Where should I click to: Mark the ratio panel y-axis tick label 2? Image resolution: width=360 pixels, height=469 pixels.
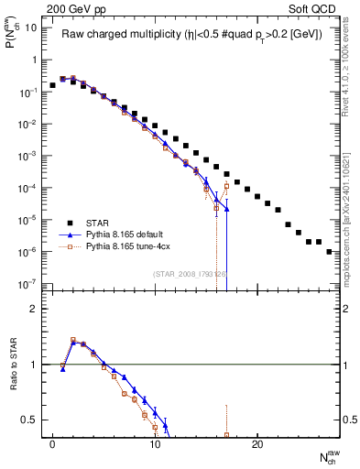click(x=34, y=310)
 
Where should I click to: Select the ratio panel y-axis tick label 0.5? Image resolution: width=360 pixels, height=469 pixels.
click(x=30, y=420)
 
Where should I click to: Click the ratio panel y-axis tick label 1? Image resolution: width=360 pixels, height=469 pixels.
click(x=34, y=365)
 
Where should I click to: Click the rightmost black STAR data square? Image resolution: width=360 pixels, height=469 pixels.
click(x=329, y=251)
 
